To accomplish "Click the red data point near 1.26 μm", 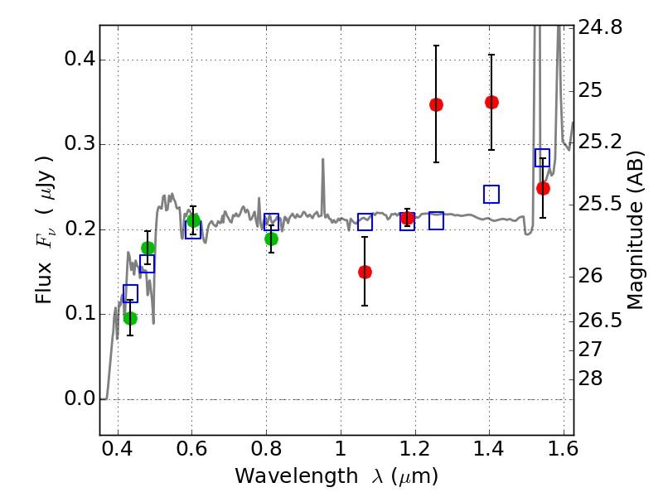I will [436, 104].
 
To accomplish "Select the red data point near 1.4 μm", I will [491, 102].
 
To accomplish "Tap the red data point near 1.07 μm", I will [365, 272].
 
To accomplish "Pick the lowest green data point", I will [130, 318].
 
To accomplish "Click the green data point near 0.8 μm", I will [271, 239].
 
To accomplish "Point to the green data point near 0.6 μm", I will [193, 220].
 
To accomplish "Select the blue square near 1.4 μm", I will [491, 194].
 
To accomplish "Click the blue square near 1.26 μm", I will [436, 220].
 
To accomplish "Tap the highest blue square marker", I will [543, 157].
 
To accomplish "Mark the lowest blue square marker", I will [130, 292].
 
